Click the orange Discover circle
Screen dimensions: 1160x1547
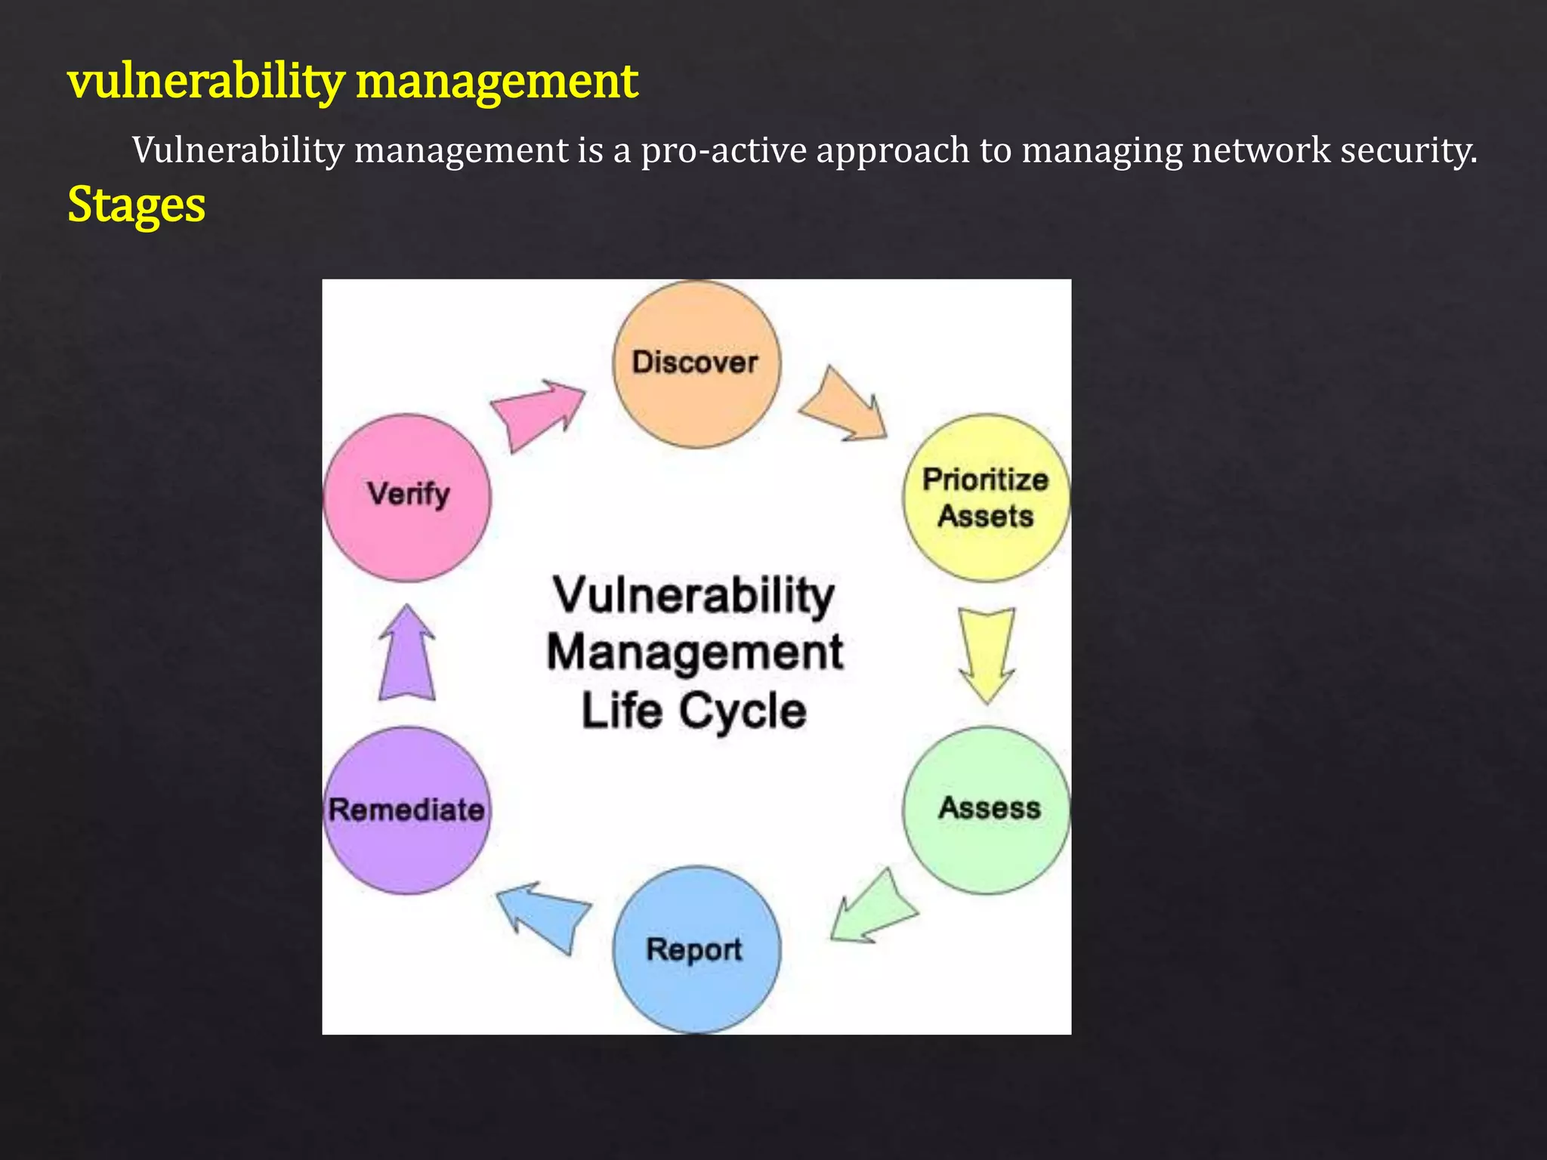tap(696, 364)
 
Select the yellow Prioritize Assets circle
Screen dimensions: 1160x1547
tap(986, 498)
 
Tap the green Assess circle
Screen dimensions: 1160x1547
tap(987, 810)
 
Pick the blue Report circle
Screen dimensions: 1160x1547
tap(695, 949)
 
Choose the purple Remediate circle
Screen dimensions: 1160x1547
tap(407, 810)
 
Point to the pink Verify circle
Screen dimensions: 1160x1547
tap(407, 498)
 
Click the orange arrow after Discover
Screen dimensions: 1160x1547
tap(845, 406)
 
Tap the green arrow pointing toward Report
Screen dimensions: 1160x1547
tap(872, 909)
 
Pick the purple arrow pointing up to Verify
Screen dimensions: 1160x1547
tap(407, 654)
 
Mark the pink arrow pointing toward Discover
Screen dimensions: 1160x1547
tap(537, 412)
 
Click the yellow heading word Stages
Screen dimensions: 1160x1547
tap(136, 205)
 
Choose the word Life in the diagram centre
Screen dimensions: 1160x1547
tap(622, 711)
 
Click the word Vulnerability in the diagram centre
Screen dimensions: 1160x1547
tap(694, 597)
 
